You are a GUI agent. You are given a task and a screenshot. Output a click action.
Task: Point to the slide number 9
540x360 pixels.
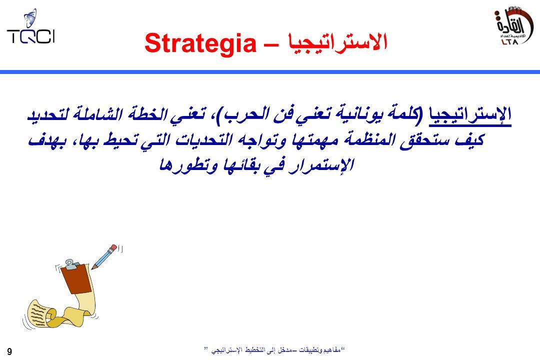pyautogui.click(x=9, y=351)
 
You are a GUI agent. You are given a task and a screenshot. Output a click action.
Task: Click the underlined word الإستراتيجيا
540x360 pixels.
pyautogui.click(x=469, y=115)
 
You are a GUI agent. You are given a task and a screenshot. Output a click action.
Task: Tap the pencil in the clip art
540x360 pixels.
pyautogui.click(x=104, y=256)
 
